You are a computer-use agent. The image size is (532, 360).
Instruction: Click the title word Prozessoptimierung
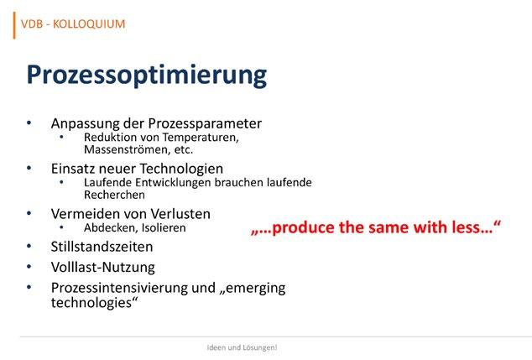click(147, 76)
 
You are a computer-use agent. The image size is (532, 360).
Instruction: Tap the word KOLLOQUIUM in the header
click(89, 24)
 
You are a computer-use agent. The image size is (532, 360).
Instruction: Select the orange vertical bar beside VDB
click(14, 25)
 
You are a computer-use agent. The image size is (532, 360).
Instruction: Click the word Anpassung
click(85, 124)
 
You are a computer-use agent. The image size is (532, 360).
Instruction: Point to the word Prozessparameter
click(205, 124)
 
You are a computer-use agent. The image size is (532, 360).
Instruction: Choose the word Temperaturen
click(201, 138)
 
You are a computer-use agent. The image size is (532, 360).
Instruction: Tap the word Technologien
click(181, 169)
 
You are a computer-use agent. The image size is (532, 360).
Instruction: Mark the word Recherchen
click(114, 195)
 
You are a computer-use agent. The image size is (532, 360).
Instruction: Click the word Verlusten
click(180, 214)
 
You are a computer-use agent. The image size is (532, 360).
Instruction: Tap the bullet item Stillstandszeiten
click(102, 247)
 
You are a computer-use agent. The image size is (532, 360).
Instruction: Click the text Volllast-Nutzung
click(103, 268)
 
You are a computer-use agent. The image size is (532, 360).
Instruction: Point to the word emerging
click(256, 289)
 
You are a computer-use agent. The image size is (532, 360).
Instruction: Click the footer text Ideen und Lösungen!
click(242, 347)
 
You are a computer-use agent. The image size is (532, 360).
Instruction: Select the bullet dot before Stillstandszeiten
click(29, 246)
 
